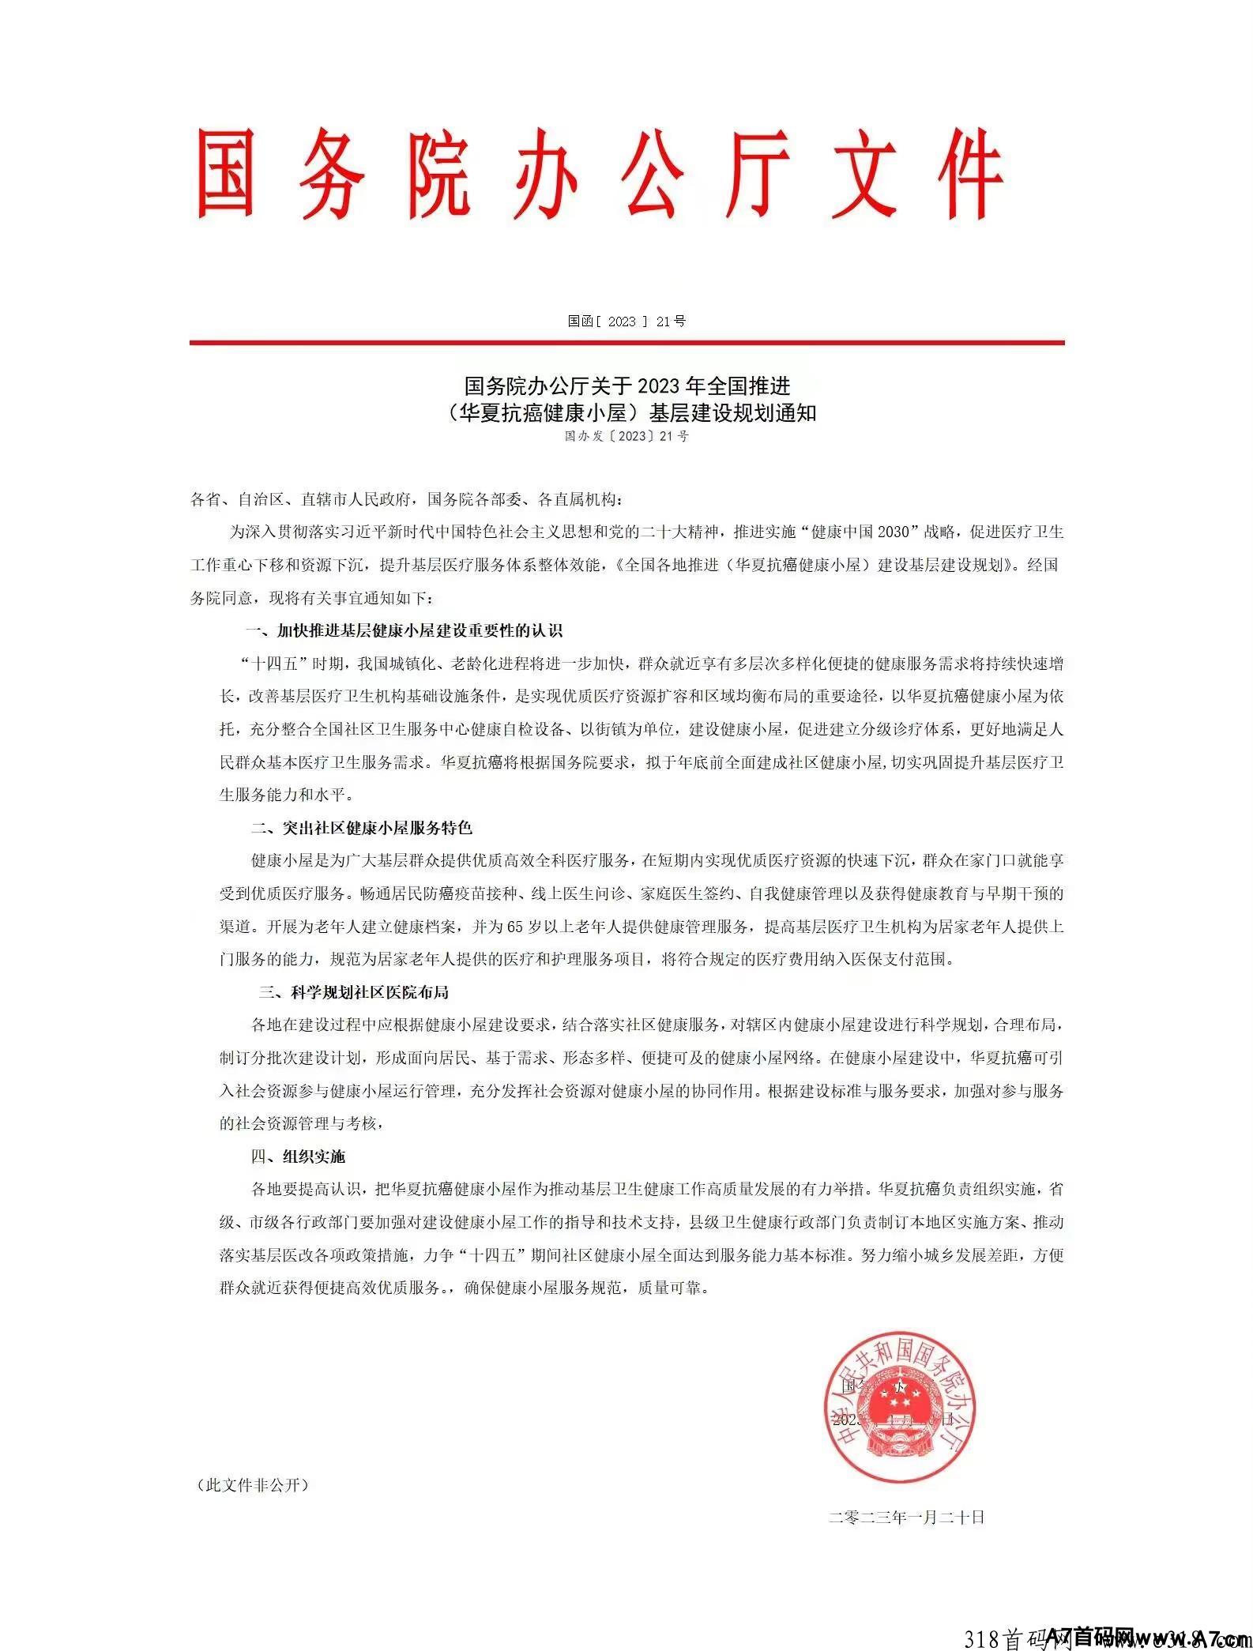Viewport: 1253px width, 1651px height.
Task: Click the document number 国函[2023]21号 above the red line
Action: pyautogui.click(x=626, y=321)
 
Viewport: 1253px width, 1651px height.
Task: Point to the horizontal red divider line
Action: pyautogui.click(x=626, y=343)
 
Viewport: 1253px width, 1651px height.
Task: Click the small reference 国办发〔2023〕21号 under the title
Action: pyautogui.click(x=626, y=436)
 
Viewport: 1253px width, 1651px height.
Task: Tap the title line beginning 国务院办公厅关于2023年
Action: pyautogui.click(x=626, y=386)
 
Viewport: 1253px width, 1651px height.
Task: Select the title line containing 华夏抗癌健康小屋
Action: pyautogui.click(x=626, y=412)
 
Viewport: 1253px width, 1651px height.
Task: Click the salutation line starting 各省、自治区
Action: pyautogui.click(x=407, y=500)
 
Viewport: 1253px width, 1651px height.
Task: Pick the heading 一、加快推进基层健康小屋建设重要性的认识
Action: pyautogui.click(x=404, y=630)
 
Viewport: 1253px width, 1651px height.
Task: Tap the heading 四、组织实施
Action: pyautogui.click(x=298, y=1156)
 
